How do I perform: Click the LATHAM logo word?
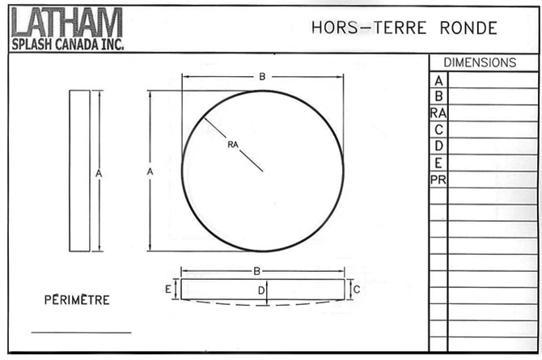coord(66,23)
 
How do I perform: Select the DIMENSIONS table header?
coord(480,62)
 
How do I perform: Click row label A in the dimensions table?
coord(438,81)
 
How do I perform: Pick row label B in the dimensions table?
coord(438,97)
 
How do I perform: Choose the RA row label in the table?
coord(438,113)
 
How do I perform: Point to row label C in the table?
coord(438,129)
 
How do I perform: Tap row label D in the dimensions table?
coord(438,146)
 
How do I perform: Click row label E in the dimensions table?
coord(438,162)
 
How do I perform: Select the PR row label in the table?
coord(438,179)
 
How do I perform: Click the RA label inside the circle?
coord(232,145)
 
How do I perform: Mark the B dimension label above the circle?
coord(262,76)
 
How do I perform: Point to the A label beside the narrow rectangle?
coord(98,173)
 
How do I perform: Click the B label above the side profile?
coord(256,271)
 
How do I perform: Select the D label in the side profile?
coord(260,290)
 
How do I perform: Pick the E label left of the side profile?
coord(168,289)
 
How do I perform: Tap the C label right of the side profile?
coord(357,289)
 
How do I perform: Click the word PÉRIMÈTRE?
coord(76,300)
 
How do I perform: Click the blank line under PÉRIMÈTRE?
coord(81,332)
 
